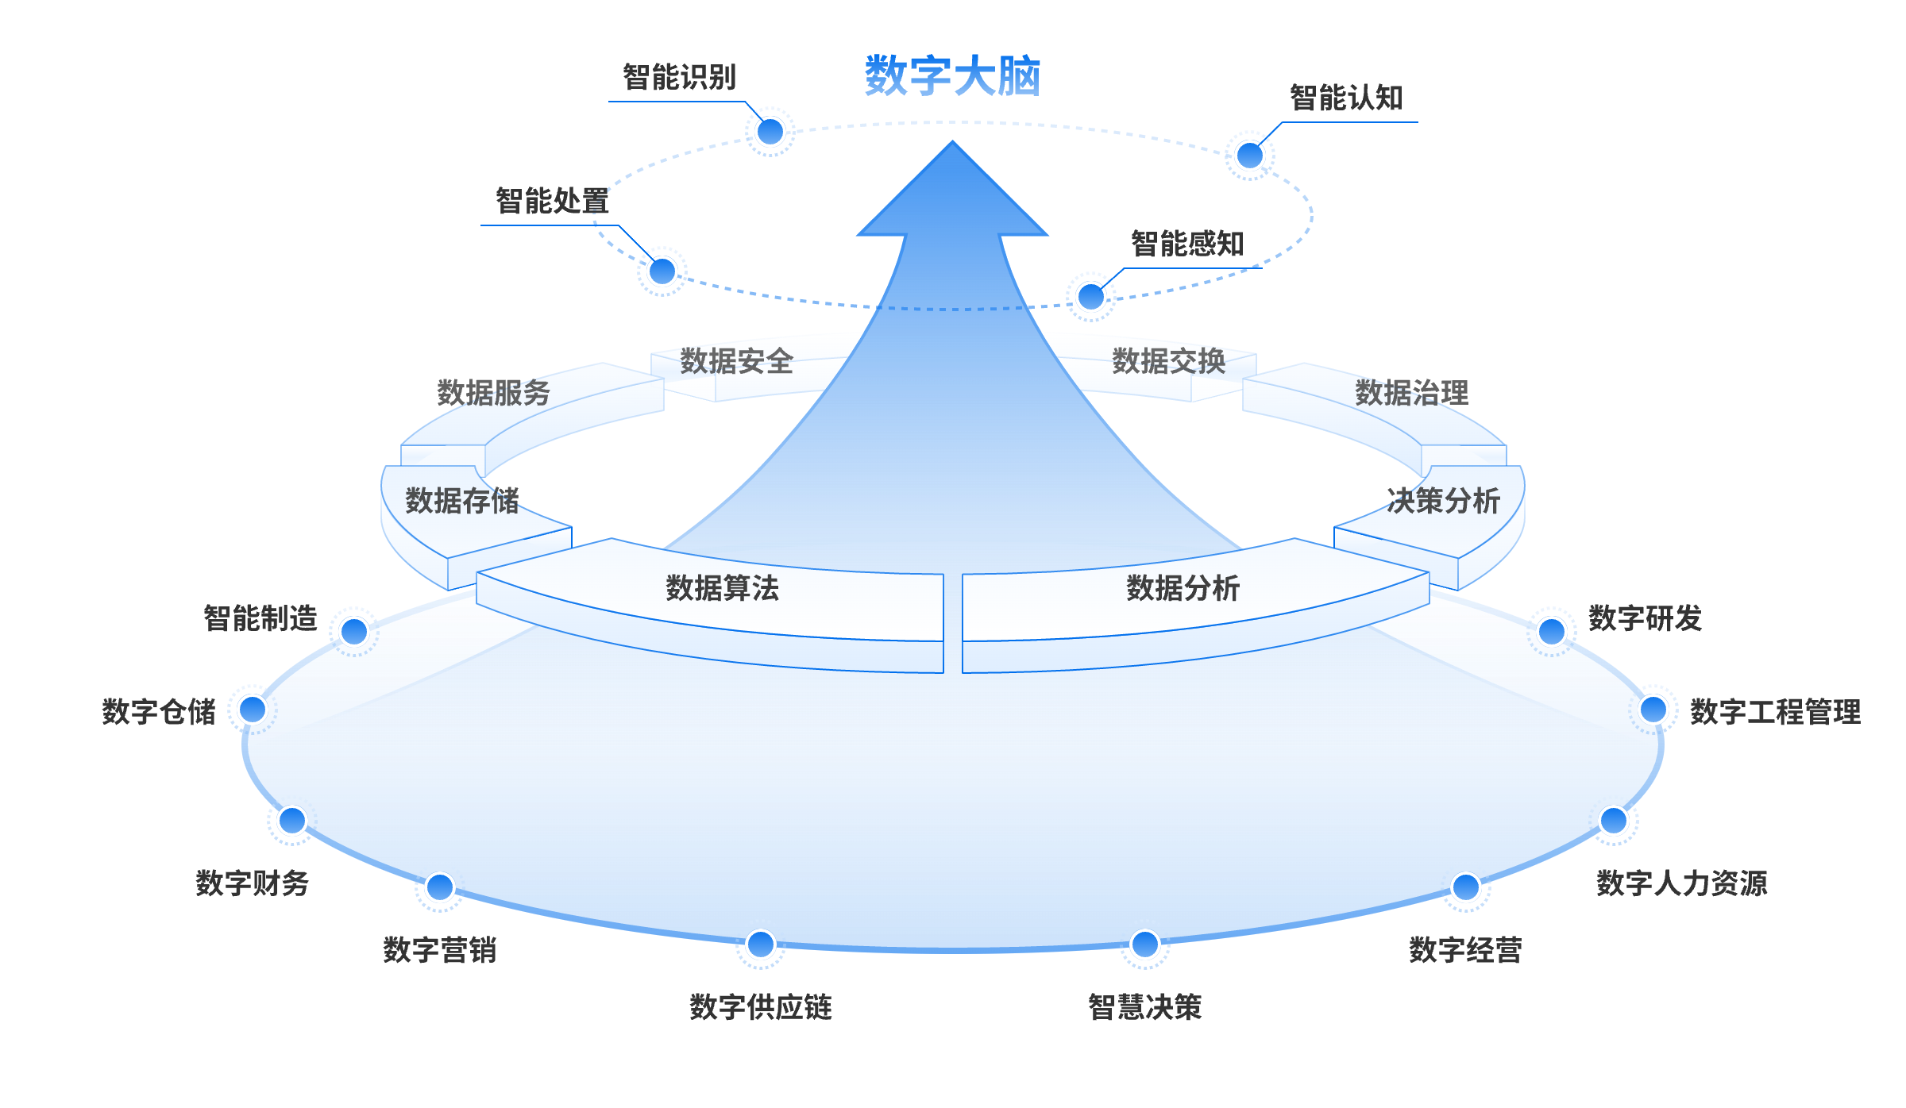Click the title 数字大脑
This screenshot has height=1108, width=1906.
pyautogui.click(x=952, y=77)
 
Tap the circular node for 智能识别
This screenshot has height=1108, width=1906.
pyautogui.click(x=770, y=132)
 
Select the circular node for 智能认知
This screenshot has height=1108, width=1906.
pyautogui.click(x=1249, y=156)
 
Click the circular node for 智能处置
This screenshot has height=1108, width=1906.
pyautogui.click(x=662, y=271)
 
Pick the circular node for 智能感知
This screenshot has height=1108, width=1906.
pyautogui.click(x=1090, y=297)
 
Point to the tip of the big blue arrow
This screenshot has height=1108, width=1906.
pyautogui.click(x=952, y=143)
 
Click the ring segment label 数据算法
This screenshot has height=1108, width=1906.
pyautogui.click(x=722, y=588)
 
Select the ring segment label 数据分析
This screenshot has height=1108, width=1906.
pyautogui.click(x=1183, y=588)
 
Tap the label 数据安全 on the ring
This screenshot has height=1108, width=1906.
pyautogui.click(x=736, y=362)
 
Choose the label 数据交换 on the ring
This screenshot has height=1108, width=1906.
pyautogui.click(x=1168, y=362)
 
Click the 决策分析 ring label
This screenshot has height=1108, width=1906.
pyautogui.click(x=1443, y=501)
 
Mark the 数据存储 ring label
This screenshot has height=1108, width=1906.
pyautogui.click(x=461, y=501)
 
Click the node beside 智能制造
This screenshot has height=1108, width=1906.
pyautogui.click(x=353, y=632)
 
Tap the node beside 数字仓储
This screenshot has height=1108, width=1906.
pyautogui.click(x=253, y=709)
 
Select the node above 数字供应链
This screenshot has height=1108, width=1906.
pyautogui.click(x=761, y=944)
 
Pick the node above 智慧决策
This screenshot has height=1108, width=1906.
pyautogui.click(x=1144, y=944)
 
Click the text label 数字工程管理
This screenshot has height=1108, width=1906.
pyautogui.click(x=1775, y=712)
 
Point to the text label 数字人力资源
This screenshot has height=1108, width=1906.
pyautogui.click(x=1681, y=883)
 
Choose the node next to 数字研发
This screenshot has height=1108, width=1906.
pyautogui.click(x=1551, y=632)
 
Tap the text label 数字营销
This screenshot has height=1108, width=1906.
pyautogui.click(x=439, y=950)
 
